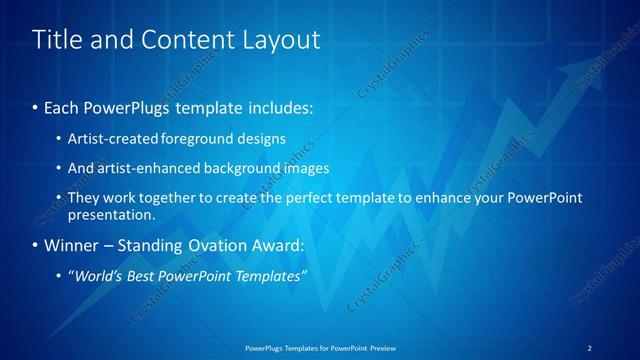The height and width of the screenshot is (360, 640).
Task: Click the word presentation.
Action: tap(112, 214)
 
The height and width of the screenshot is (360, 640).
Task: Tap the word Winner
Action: tap(72, 245)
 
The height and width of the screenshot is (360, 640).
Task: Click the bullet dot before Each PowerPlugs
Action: tap(36, 107)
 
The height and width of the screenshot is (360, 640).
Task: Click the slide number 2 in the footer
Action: tap(590, 347)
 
